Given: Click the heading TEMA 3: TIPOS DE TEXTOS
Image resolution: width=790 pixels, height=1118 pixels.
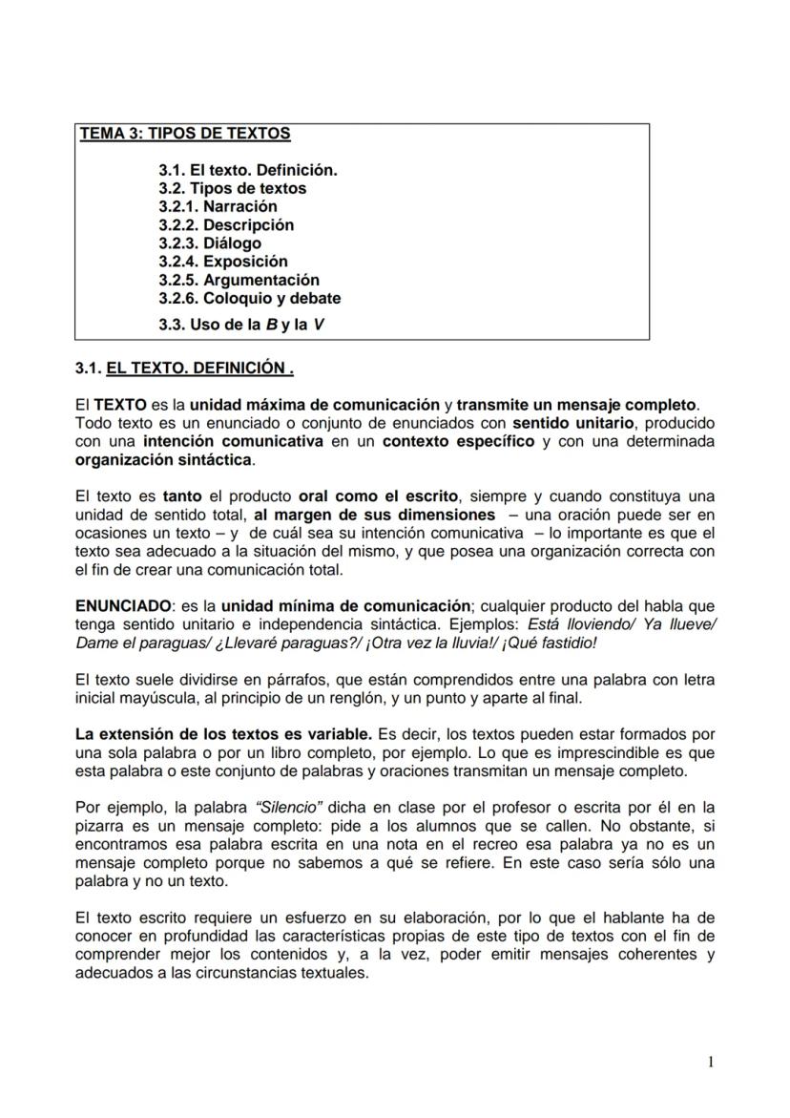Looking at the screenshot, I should (x=185, y=134).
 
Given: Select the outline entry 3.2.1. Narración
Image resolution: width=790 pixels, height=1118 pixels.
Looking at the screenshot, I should (x=218, y=206).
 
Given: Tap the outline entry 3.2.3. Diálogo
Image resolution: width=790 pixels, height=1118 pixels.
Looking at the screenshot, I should (x=209, y=243).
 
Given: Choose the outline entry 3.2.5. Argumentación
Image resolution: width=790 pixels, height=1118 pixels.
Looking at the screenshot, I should (x=239, y=280).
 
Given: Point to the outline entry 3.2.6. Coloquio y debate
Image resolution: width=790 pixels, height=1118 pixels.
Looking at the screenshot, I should (x=249, y=298).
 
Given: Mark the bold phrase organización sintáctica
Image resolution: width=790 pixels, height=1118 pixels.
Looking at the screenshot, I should (x=164, y=459).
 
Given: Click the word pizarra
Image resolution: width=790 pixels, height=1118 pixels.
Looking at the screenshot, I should (x=99, y=827).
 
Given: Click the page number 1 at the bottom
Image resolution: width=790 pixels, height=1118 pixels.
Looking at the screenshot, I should (x=711, y=1062).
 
